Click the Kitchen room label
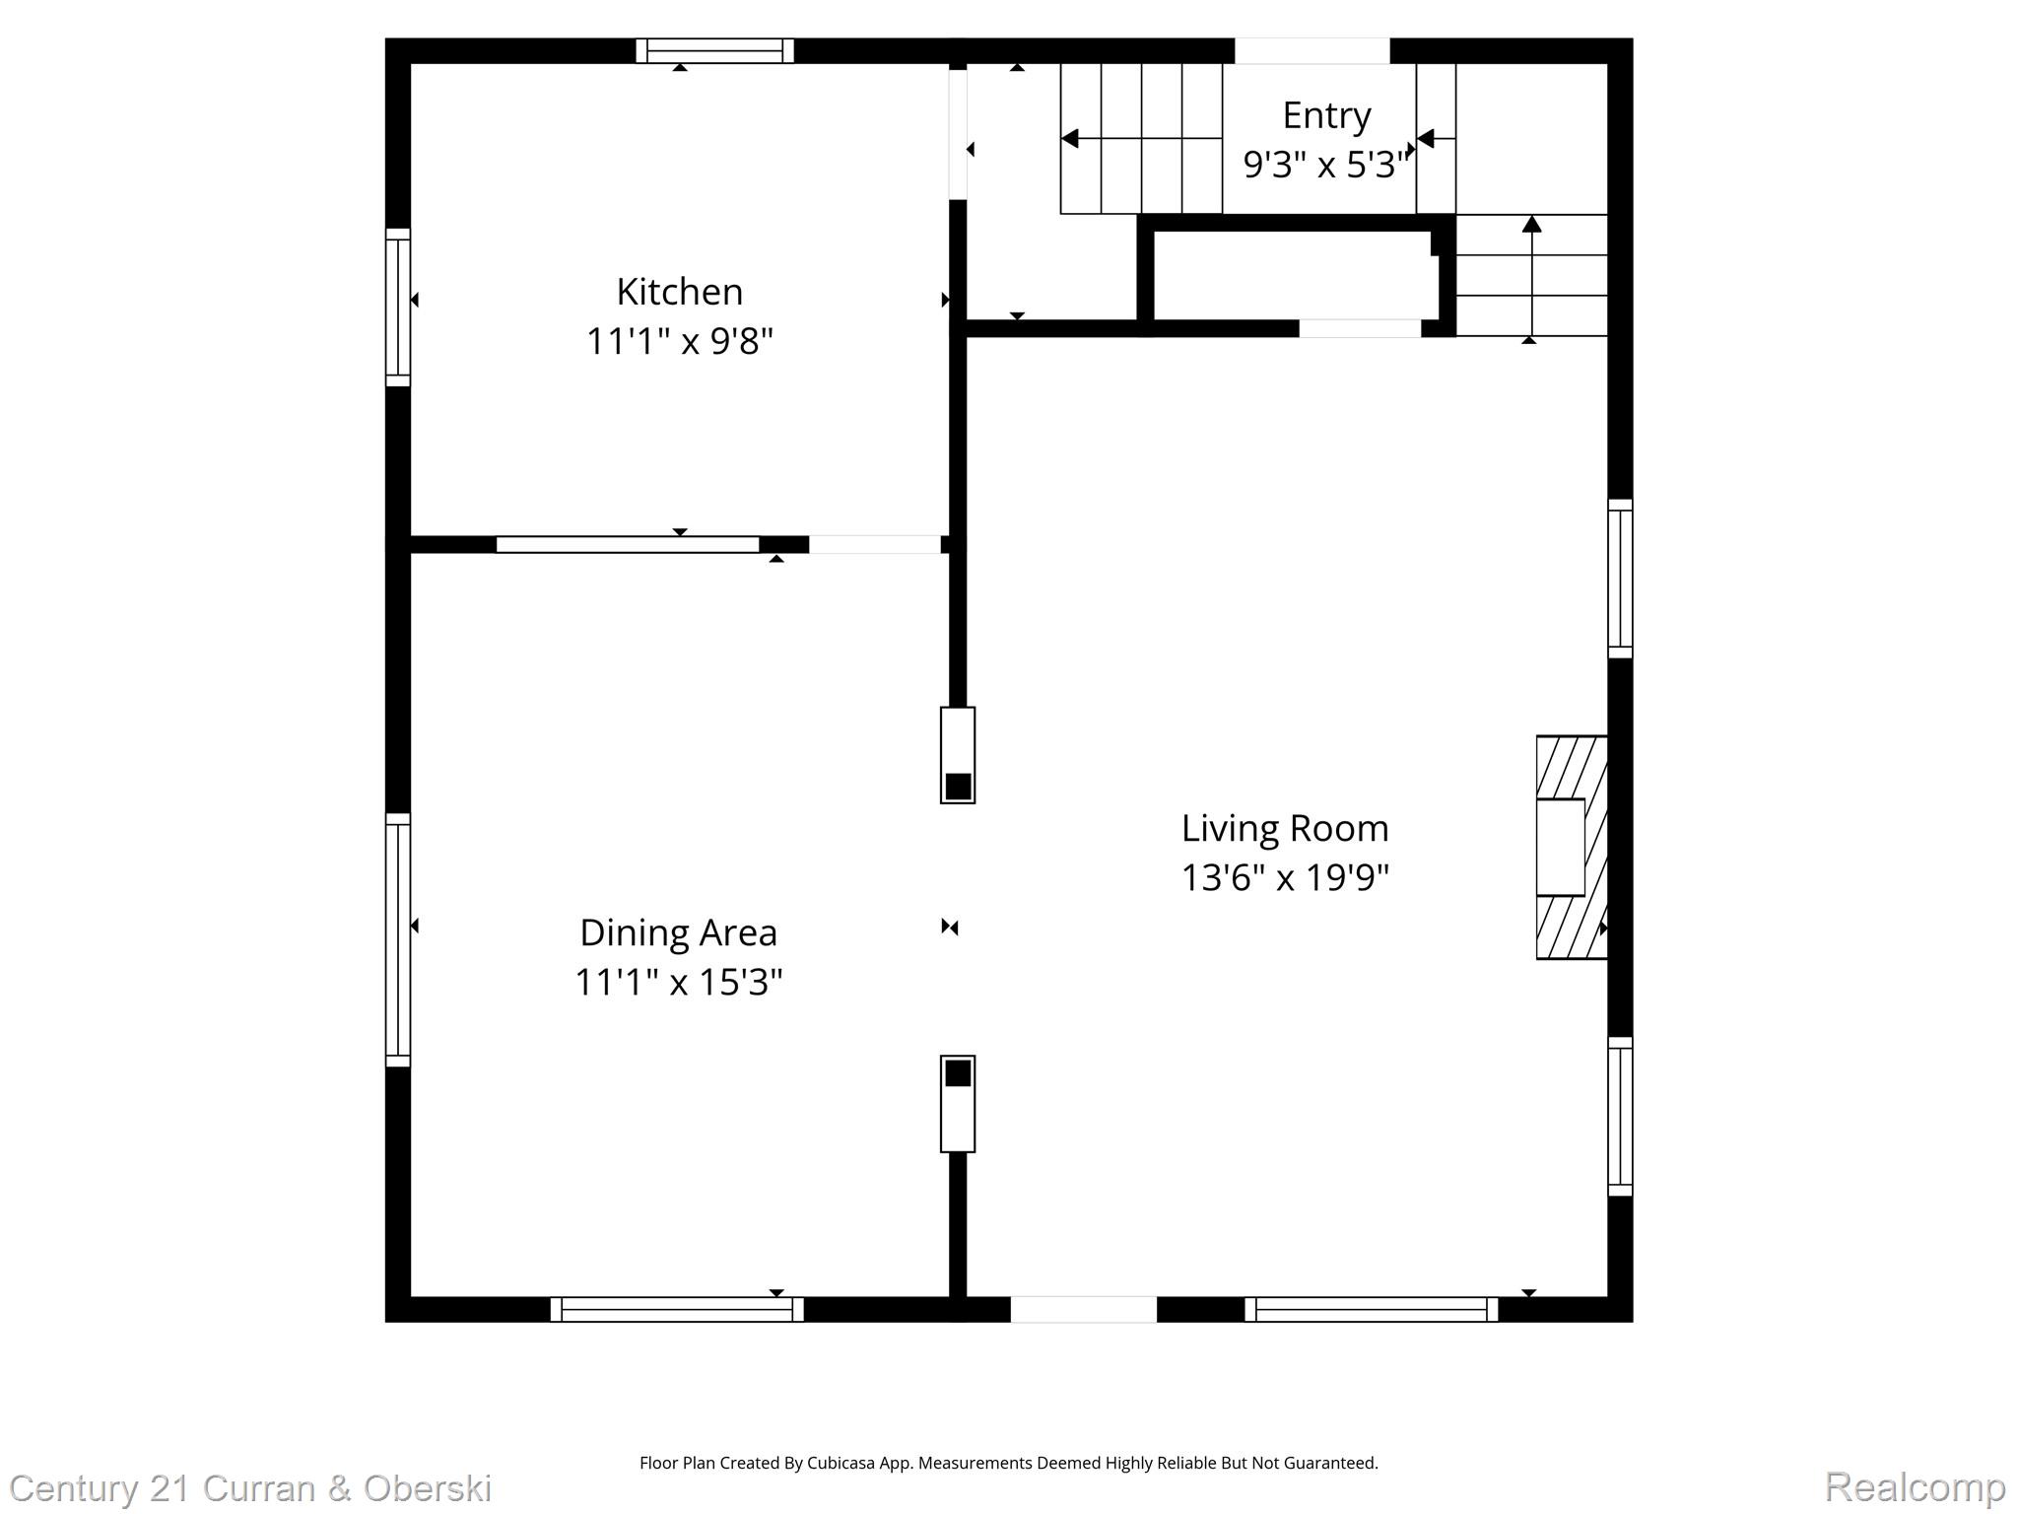(x=679, y=292)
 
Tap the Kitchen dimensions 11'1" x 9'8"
(x=679, y=341)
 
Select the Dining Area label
(x=678, y=932)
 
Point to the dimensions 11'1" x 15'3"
(x=678, y=982)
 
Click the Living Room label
(x=1284, y=828)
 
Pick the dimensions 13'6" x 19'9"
(x=1284, y=876)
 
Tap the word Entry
(x=1325, y=116)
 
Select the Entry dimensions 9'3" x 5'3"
(x=1325, y=164)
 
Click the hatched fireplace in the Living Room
(x=1571, y=847)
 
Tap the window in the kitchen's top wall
(x=714, y=51)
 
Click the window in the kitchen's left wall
(x=397, y=307)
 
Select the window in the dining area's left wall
(x=397, y=939)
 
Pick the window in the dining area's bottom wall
(x=677, y=1309)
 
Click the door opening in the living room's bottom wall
(x=1083, y=1309)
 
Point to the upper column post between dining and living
(x=957, y=754)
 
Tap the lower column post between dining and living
(x=957, y=1103)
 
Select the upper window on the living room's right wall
(x=1620, y=578)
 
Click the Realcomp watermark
(x=1914, y=1486)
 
